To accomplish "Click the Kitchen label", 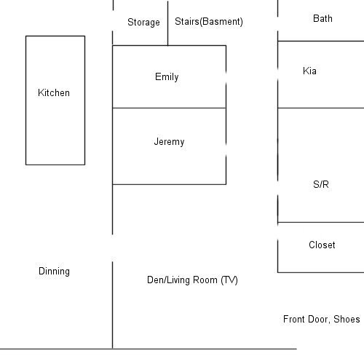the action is pos(54,92).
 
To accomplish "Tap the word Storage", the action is pos(143,23).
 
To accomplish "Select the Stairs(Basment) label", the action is pos(209,22).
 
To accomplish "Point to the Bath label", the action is pos(323,18).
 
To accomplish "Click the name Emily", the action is pos(167,77).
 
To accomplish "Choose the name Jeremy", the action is pos(169,142).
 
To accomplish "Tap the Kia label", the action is pos(309,71).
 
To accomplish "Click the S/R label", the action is pos(321,184).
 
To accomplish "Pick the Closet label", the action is pos(322,245).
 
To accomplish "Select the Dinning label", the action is pos(54,272).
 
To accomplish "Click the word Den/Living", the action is pos(169,280).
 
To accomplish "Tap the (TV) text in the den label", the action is pos(229,280).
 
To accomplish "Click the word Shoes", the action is pos(347,319).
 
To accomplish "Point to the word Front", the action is pos(292,319).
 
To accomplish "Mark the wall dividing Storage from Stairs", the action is pos(167,23).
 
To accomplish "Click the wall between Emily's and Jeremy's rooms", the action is pos(170,108).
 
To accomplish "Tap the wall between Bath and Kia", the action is pos(321,41).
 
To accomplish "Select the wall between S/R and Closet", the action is pos(321,222).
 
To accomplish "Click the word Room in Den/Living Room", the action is pos(205,280).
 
